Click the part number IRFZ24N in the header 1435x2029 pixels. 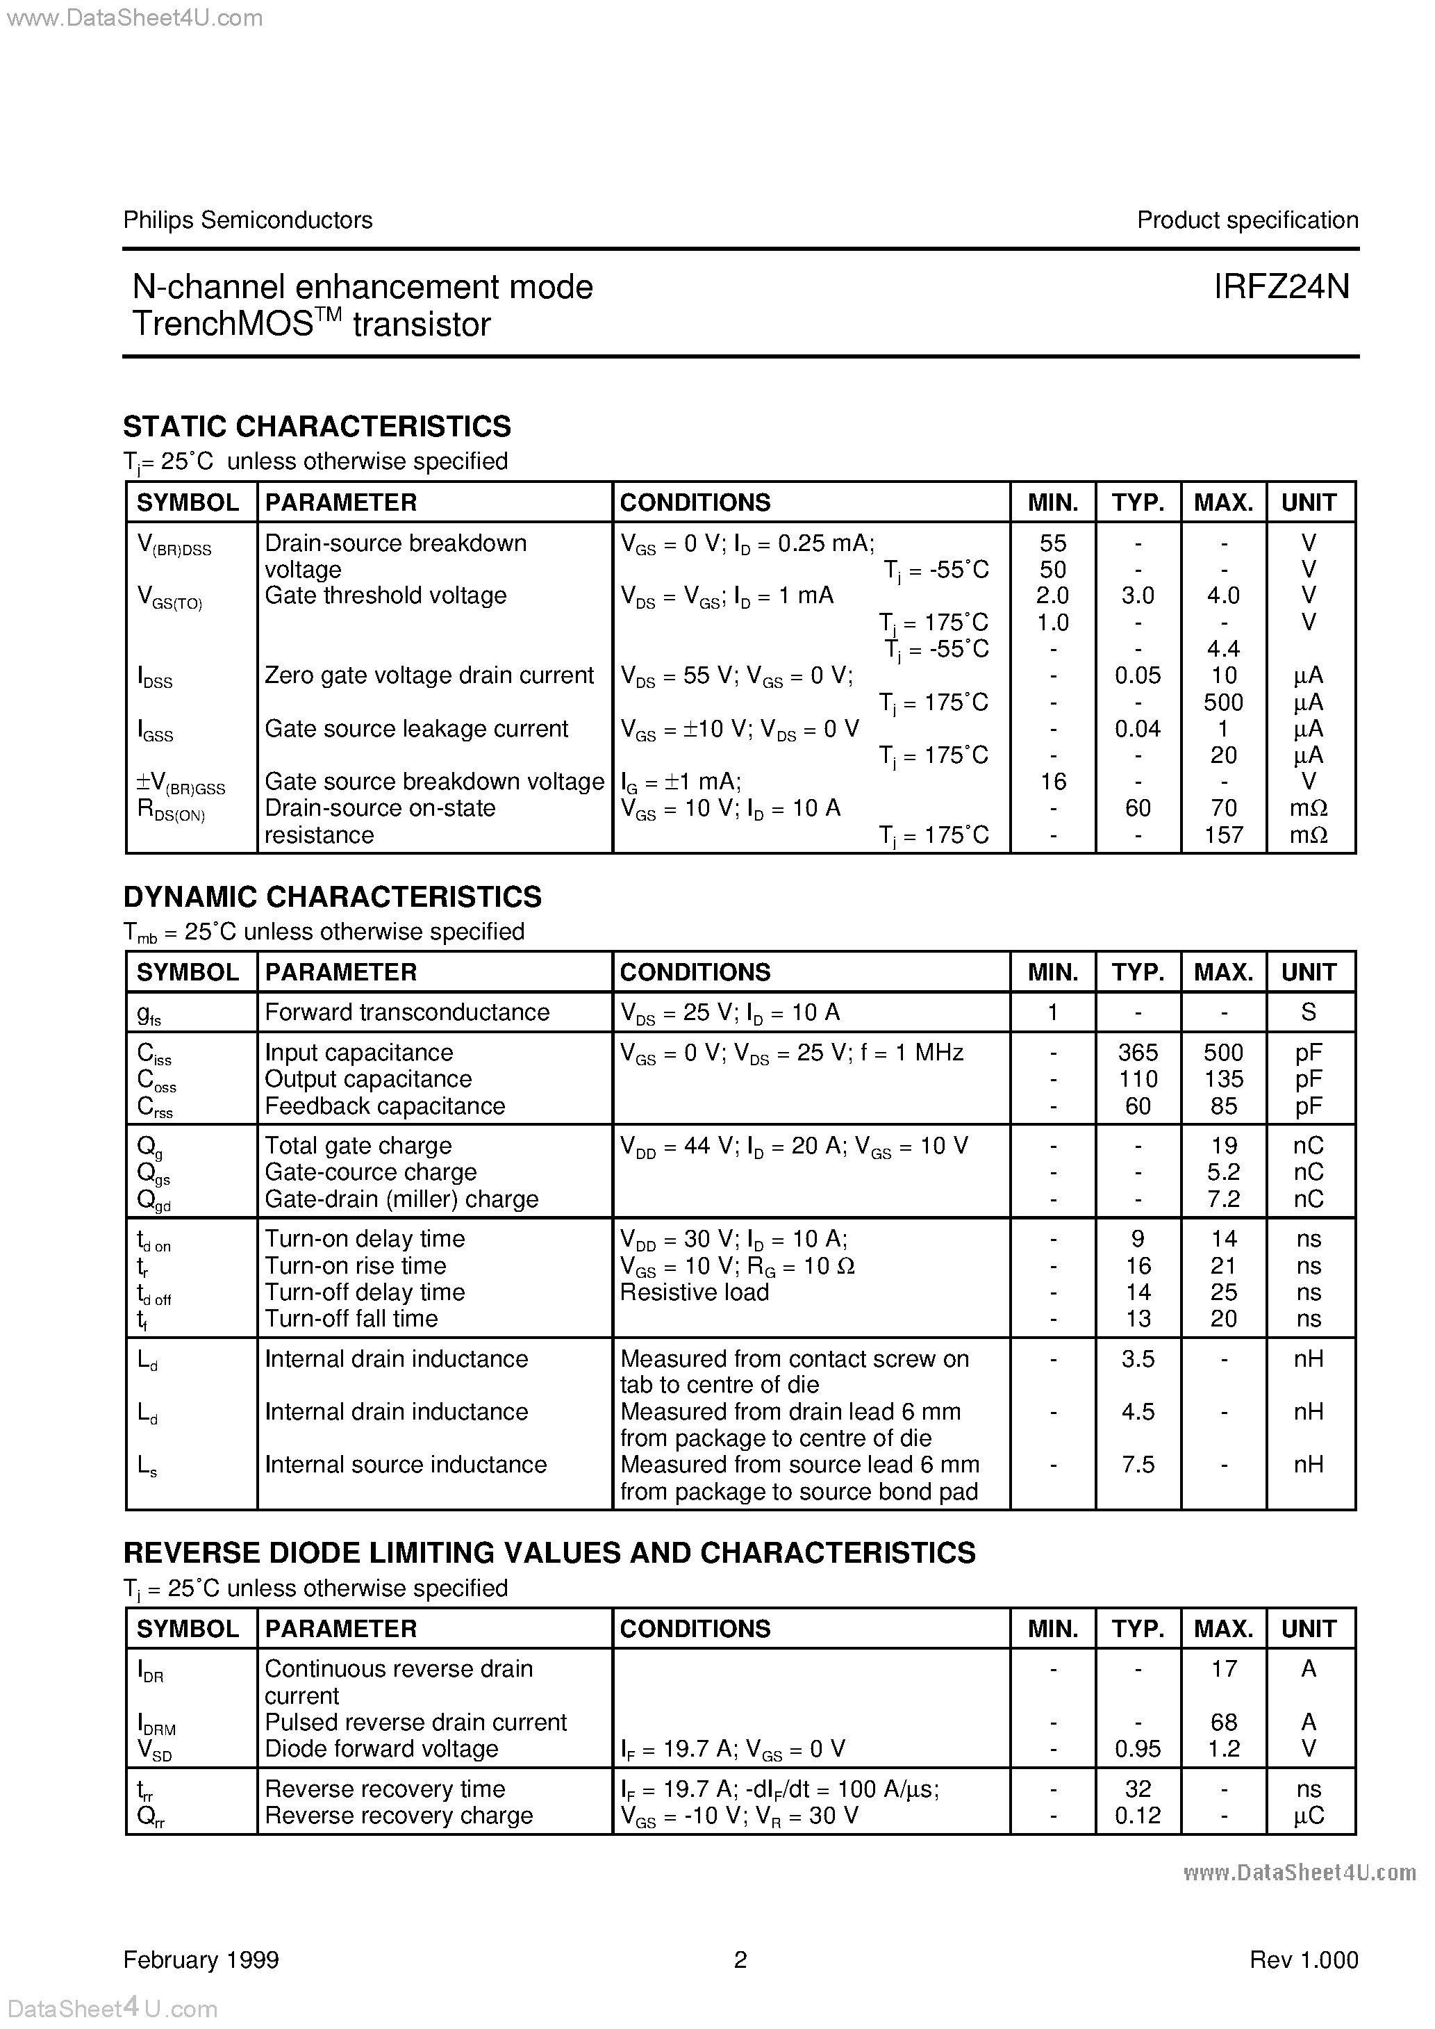pos(1281,287)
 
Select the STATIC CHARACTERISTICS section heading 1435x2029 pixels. pos(316,427)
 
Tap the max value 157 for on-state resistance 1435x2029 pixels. pos(1223,835)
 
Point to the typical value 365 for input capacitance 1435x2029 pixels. pos(1137,1053)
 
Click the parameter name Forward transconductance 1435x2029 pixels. pos(406,1012)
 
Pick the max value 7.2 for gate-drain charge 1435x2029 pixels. pos(1223,1199)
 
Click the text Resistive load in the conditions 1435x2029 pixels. pos(694,1292)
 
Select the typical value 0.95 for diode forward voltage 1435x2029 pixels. pos(1137,1749)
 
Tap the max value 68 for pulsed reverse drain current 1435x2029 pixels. pos(1223,1723)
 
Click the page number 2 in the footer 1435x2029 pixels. pos(740,1960)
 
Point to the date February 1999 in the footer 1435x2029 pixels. pos(201,1960)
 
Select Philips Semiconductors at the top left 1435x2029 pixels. pos(247,220)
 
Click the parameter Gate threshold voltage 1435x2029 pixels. pos(385,595)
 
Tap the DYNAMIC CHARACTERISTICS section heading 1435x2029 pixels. pos(332,897)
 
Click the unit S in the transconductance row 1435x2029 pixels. pos(1309,1012)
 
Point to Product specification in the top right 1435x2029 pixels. pos(1247,220)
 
